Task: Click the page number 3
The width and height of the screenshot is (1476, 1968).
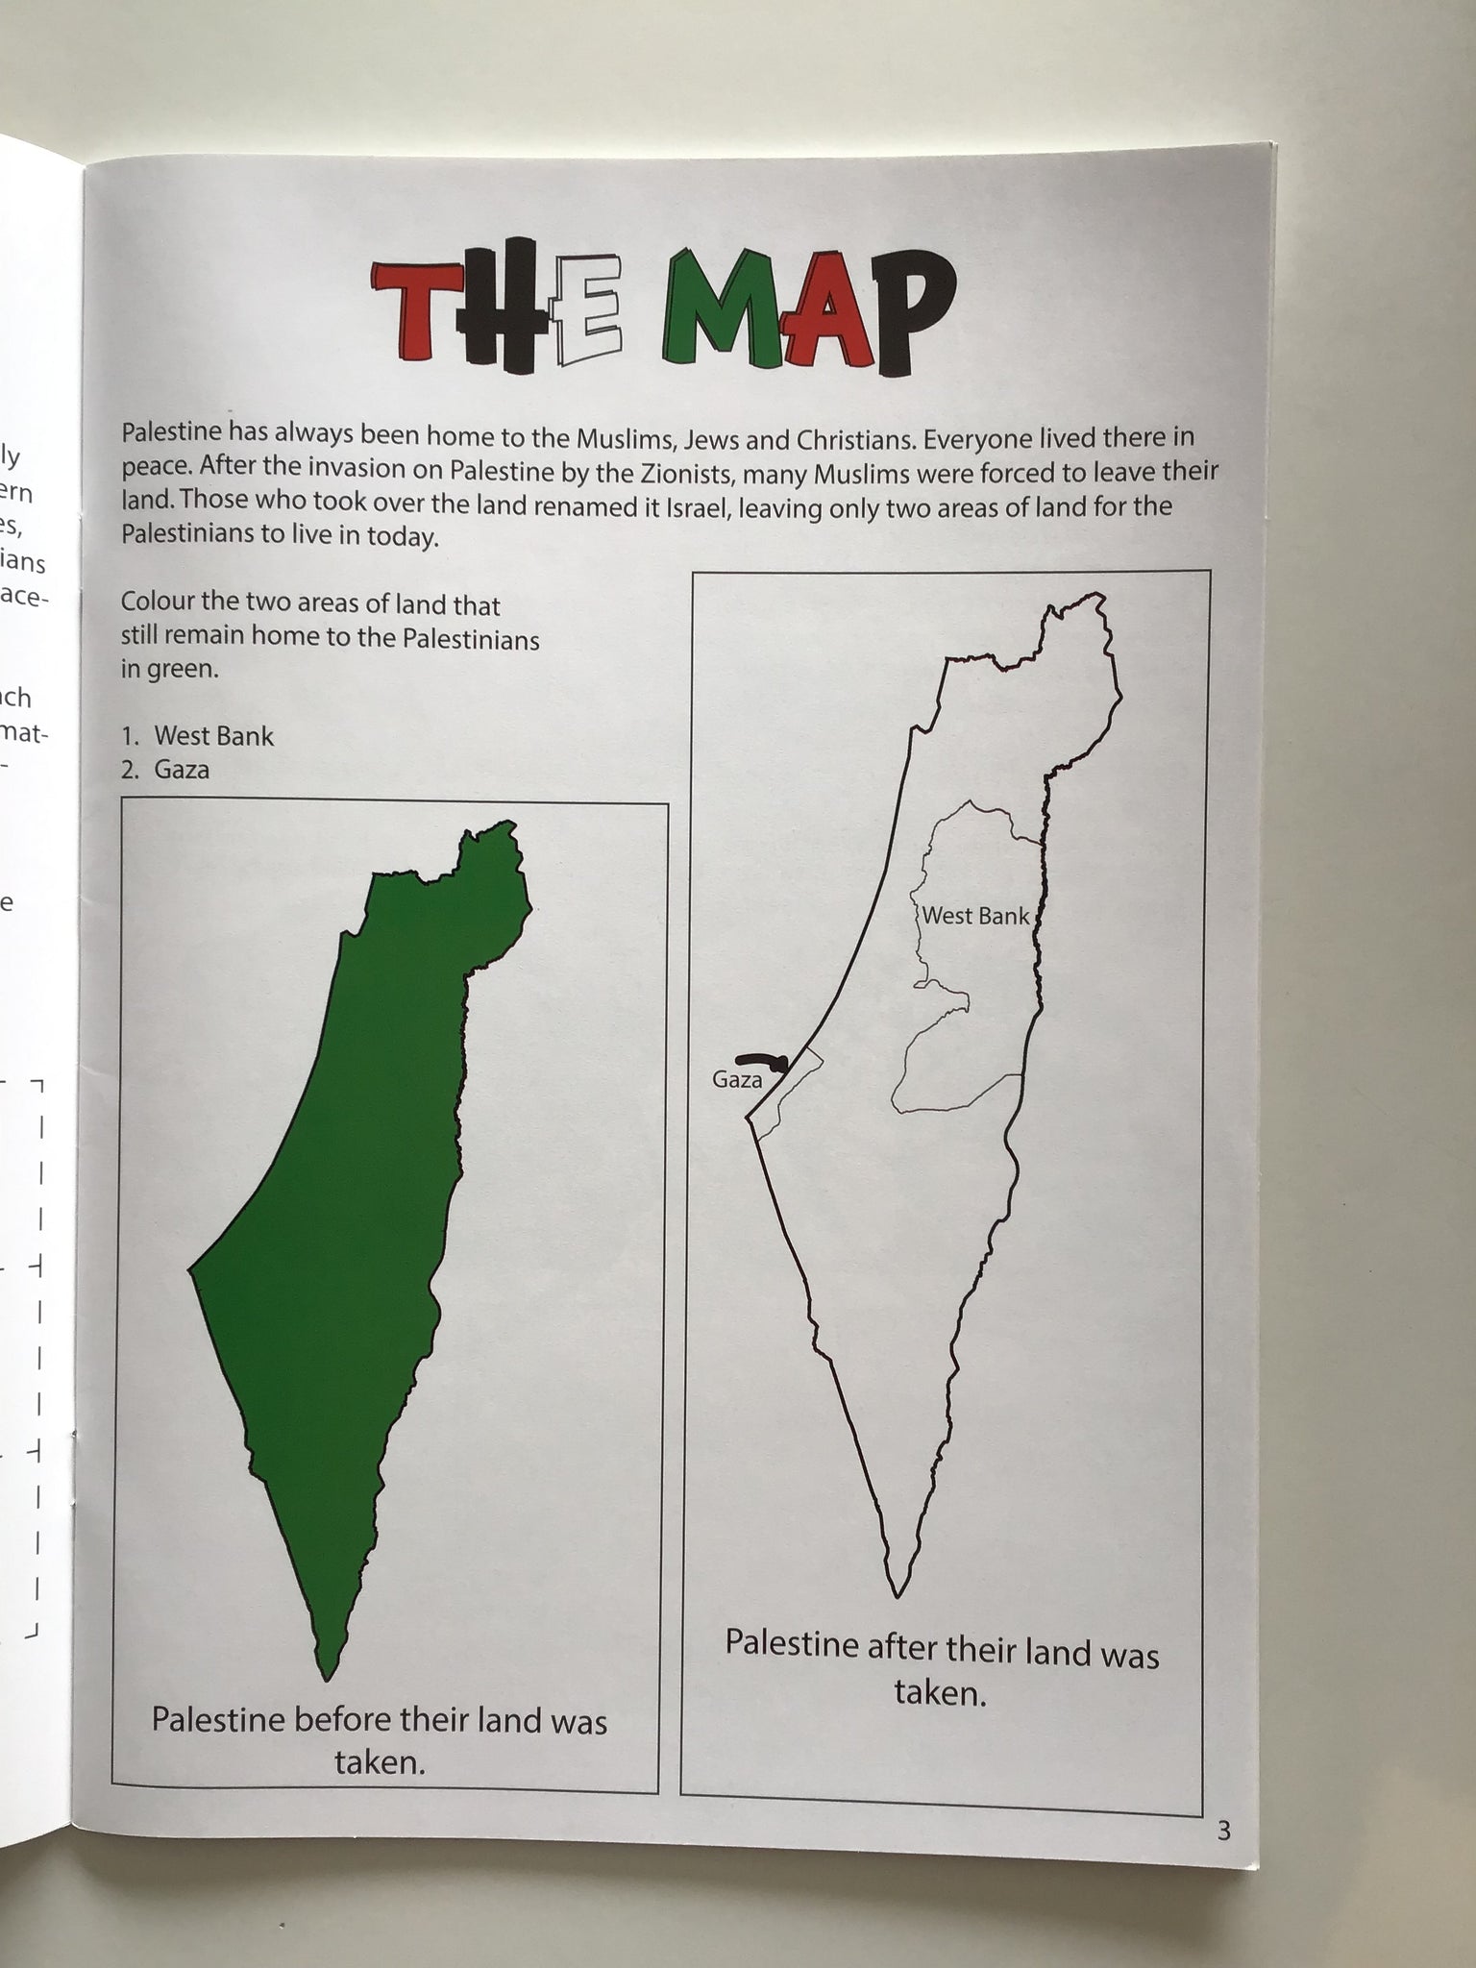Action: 1223,1831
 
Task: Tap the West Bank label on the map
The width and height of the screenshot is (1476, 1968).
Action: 975,916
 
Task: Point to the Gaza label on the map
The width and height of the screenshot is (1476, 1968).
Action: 737,1079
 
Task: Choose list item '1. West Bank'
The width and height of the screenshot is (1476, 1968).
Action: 197,736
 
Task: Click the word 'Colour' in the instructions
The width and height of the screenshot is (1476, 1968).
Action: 159,603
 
